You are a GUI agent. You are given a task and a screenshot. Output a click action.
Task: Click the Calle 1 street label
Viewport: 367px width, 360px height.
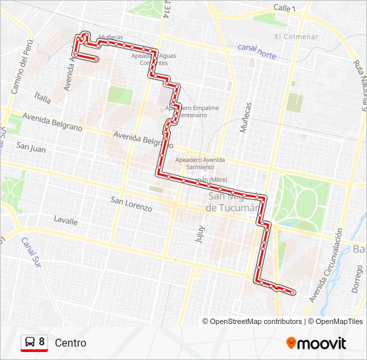[x=284, y=7]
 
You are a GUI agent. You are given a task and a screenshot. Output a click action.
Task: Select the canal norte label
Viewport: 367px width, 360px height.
[x=257, y=51]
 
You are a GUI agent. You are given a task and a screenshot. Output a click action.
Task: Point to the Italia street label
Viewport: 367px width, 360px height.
[x=43, y=98]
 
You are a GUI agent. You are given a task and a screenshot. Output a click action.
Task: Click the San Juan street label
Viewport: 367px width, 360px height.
[x=31, y=149]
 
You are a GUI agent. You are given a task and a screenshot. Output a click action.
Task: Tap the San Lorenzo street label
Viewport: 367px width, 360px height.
[x=131, y=204]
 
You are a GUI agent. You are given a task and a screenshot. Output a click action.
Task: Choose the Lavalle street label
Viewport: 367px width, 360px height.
[x=65, y=221]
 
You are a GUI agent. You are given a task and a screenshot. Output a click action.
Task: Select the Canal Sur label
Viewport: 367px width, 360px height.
[x=30, y=251]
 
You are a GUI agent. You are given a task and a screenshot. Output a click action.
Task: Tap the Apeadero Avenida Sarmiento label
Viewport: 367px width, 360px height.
[x=200, y=164]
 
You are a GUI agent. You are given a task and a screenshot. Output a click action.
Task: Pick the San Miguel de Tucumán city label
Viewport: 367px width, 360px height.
[x=233, y=202]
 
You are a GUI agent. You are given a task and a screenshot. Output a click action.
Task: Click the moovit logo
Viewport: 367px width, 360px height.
[x=316, y=343]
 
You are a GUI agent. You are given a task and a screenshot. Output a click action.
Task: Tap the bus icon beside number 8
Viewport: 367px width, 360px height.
[x=30, y=343]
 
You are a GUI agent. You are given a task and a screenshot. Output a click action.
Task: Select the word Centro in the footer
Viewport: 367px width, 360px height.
[x=71, y=343]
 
